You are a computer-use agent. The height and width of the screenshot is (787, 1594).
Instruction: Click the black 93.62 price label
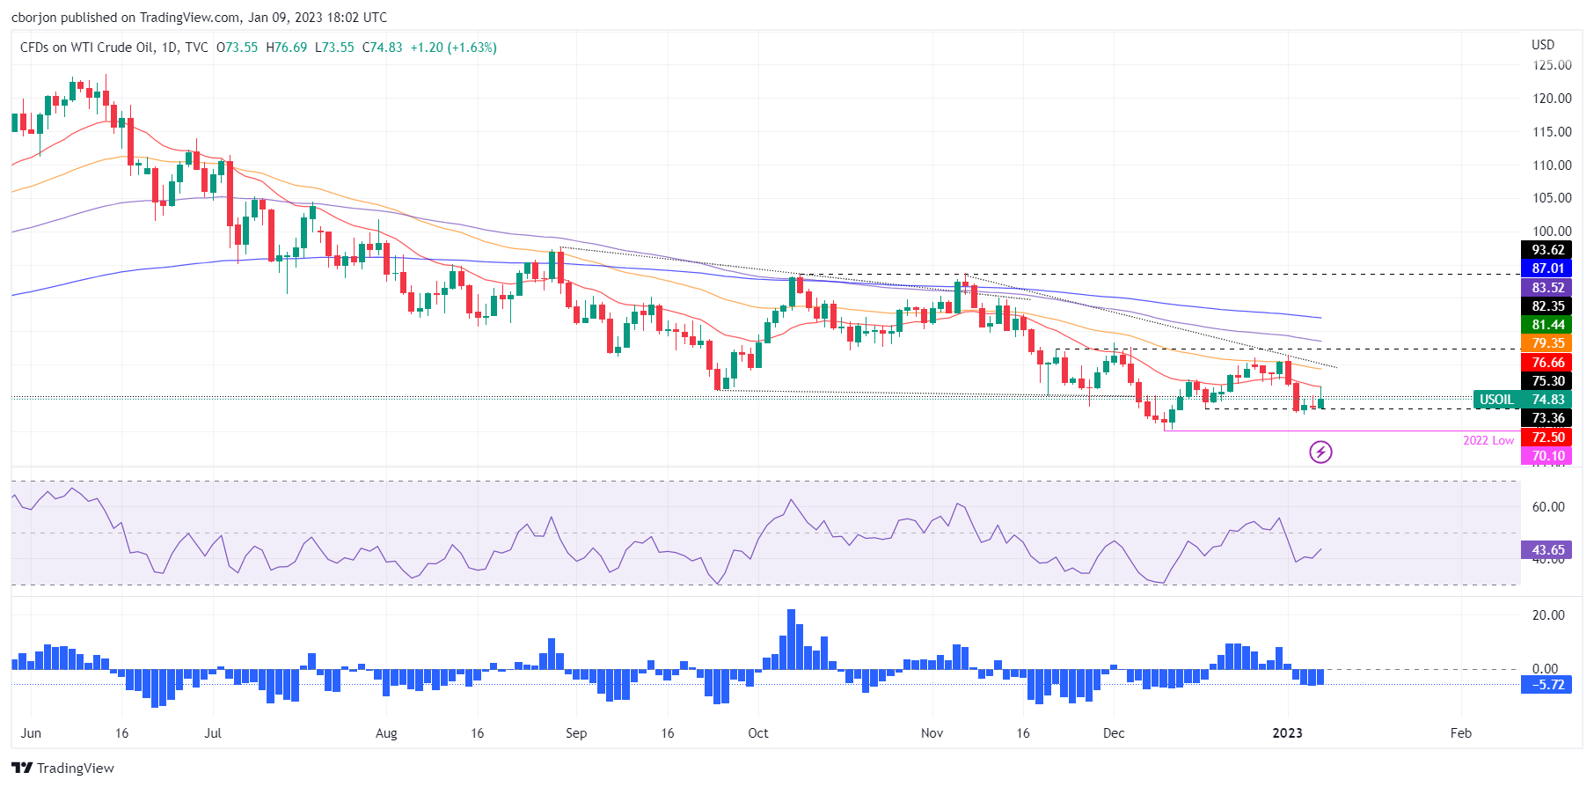[1547, 250]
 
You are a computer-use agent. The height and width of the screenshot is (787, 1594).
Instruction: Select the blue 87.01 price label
[1547, 268]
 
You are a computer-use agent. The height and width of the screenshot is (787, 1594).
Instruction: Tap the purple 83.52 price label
[1547, 288]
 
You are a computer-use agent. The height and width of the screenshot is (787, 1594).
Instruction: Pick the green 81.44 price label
[1547, 325]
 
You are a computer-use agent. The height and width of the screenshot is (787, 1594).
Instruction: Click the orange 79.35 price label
[1547, 343]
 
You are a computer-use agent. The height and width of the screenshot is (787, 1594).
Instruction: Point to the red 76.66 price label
[1547, 363]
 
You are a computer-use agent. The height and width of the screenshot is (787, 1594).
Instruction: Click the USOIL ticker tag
[1496, 400]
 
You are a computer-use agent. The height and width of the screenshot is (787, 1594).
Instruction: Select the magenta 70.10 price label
[1547, 456]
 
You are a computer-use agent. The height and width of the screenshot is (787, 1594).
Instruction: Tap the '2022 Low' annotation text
[1488, 440]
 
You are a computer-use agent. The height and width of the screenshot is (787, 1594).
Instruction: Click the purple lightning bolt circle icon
[1320, 452]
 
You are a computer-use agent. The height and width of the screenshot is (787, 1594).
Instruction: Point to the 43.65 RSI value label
[1547, 550]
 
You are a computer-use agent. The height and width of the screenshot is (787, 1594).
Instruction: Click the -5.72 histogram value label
[1547, 685]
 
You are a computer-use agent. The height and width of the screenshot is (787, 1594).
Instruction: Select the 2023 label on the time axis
[1287, 733]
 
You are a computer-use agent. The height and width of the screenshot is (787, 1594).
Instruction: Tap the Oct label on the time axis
[757, 733]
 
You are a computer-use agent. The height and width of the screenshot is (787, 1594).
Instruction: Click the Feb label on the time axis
[1460, 733]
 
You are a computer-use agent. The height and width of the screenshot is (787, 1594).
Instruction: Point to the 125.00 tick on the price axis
[1552, 65]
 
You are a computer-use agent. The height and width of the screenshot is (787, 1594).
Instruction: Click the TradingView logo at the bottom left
[63, 769]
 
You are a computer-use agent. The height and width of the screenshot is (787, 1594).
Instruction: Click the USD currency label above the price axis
[1543, 45]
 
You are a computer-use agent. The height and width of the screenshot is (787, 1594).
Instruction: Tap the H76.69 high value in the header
[287, 48]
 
